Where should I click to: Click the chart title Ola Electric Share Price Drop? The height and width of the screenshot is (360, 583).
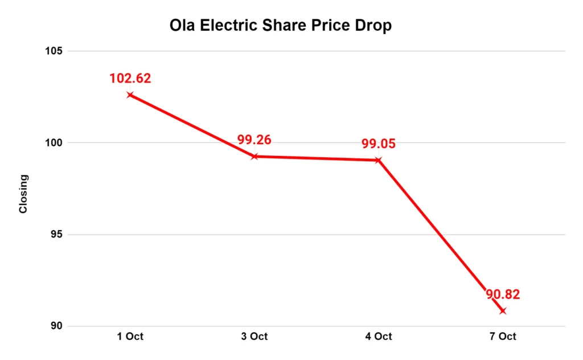(x=281, y=26)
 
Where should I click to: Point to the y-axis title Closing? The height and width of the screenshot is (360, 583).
(x=23, y=194)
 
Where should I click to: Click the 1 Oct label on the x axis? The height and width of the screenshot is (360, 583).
(x=130, y=337)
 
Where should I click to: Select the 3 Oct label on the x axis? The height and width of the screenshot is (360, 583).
(x=254, y=337)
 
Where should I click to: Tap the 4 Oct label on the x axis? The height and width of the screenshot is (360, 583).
(x=378, y=337)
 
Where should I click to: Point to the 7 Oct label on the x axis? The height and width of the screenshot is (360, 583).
(x=502, y=337)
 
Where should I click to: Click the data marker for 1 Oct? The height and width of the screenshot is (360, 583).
(x=130, y=95)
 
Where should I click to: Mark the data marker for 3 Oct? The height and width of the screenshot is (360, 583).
(x=254, y=156)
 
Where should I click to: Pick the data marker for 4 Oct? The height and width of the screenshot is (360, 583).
(x=378, y=160)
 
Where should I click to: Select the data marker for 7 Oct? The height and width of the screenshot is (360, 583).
(x=502, y=311)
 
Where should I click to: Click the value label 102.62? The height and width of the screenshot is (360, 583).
(x=130, y=79)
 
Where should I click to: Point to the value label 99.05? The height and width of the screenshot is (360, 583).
(x=378, y=144)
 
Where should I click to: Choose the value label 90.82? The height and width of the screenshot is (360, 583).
(x=503, y=295)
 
